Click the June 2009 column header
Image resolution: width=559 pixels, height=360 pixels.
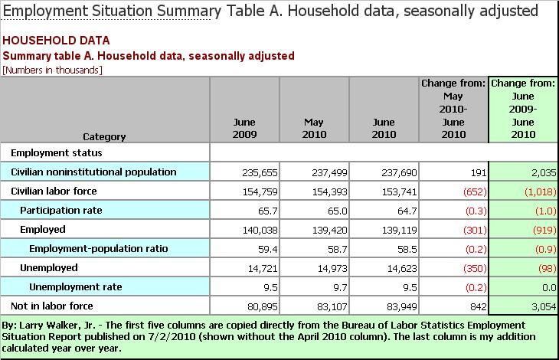[x=244, y=129]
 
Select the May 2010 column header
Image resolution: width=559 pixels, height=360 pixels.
[x=314, y=129]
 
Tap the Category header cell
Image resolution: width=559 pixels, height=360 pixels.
[x=105, y=136]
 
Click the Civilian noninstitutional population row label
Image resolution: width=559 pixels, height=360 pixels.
[x=93, y=172]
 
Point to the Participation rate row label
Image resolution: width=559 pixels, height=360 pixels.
[x=61, y=210]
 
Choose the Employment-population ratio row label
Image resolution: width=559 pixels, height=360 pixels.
[x=98, y=248]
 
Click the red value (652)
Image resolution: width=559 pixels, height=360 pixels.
[x=468, y=191]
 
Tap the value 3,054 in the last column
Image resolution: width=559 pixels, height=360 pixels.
[x=541, y=306]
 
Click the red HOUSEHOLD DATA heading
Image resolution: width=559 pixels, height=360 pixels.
[x=57, y=41]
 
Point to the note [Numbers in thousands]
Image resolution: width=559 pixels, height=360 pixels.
[x=53, y=70]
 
